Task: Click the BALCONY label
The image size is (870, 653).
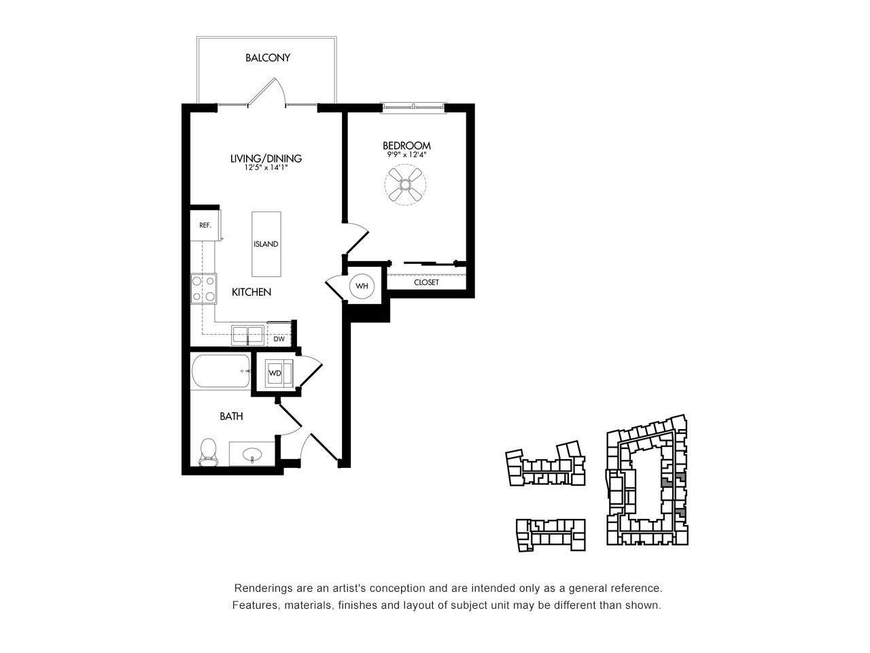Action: click(268, 58)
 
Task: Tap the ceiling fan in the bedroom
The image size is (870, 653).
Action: click(405, 184)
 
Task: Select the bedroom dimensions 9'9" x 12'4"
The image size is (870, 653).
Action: click(406, 154)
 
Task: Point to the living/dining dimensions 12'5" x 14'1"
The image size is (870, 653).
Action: click(266, 168)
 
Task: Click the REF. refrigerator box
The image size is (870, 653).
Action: click(205, 225)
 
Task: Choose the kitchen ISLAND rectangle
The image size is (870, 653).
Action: click(266, 244)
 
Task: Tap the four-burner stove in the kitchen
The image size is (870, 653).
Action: click(203, 288)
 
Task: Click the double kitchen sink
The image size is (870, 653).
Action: click(247, 335)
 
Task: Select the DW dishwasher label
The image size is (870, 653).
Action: click(279, 339)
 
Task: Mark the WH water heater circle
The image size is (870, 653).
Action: click(362, 286)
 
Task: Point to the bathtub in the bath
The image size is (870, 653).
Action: click(221, 371)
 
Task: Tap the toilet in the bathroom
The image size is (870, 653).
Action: click(208, 452)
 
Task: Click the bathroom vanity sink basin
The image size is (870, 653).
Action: click(252, 453)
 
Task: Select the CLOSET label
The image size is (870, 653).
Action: click(426, 282)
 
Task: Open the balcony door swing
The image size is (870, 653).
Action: click(266, 92)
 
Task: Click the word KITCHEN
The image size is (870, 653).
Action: click(251, 292)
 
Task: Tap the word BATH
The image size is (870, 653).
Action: click(231, 416)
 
